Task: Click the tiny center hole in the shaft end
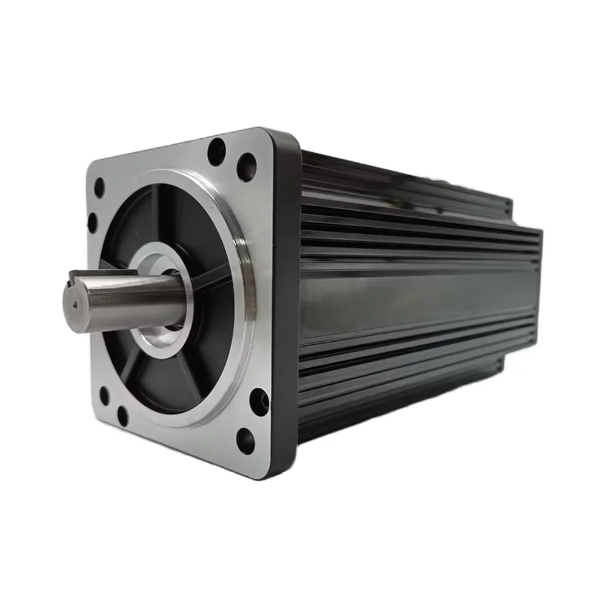point(74,306)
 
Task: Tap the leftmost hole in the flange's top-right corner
point(216,151)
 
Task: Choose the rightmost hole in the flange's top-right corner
point(246,167)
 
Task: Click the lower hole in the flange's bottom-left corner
point(122,416)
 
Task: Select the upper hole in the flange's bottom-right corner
point(259,402)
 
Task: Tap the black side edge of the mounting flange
point(285,303)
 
